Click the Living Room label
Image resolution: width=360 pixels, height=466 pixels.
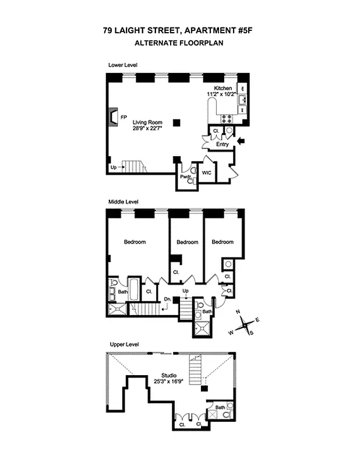pos(147,122)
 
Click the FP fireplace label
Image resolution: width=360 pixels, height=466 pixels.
pos(123,117)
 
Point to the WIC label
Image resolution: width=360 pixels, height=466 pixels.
pos(206,172)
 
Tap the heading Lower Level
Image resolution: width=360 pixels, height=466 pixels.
pos(123,65)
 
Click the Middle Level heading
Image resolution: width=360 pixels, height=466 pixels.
pos(123,202)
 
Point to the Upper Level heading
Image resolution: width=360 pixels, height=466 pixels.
pos(123,345)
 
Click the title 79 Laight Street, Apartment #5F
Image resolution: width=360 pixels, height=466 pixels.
pos(179,33)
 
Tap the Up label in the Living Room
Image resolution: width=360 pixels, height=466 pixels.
pos(113,168)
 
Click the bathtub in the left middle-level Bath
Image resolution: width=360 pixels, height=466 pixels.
pos(134,289)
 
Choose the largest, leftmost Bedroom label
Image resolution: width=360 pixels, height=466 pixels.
pos(135,242)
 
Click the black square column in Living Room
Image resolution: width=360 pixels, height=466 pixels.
pos(183,122)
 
